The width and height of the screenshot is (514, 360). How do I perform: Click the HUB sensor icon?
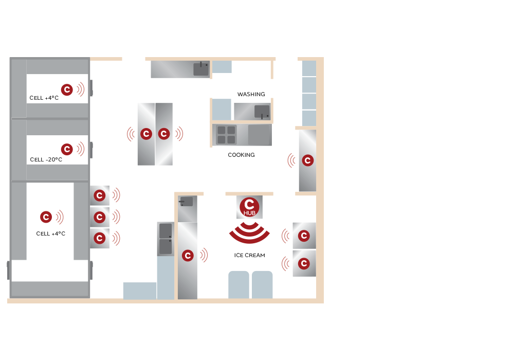[x=249, y=207]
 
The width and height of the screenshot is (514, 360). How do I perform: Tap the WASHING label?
[x=251, y=95]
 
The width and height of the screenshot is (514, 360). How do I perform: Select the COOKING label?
[x=241, y=155]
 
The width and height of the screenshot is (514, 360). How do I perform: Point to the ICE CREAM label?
[x=249, y=256]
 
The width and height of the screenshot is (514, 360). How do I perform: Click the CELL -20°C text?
[x=46, y=159]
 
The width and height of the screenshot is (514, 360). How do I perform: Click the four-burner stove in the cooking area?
[x=226, y=135]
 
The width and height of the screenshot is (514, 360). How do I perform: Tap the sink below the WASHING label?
[x=262, y=112]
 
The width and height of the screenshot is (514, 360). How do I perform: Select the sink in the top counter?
[x=201, y=69]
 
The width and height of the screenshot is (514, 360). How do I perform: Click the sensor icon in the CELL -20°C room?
[x=67, y=149]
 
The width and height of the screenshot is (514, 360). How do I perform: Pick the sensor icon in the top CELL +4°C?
[x=67, y=89]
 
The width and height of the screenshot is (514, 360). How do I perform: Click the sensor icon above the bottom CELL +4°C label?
[x=46, y=217]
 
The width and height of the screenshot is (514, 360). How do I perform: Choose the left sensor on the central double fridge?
[x=146, y=134]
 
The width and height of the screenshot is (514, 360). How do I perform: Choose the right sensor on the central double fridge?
[x=164, y=134]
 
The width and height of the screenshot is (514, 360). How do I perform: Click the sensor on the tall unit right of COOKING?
[x=308, y=160]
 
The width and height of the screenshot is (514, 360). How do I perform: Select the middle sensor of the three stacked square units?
[x=100, y=217]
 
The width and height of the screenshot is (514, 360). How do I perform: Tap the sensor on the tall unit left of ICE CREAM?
[x=188, y=256]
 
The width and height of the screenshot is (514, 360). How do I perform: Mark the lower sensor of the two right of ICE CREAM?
[x=304, y=264]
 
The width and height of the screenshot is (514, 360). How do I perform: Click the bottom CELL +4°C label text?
[x=51, y=234]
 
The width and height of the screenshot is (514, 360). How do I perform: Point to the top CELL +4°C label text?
[x=44, y=98]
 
